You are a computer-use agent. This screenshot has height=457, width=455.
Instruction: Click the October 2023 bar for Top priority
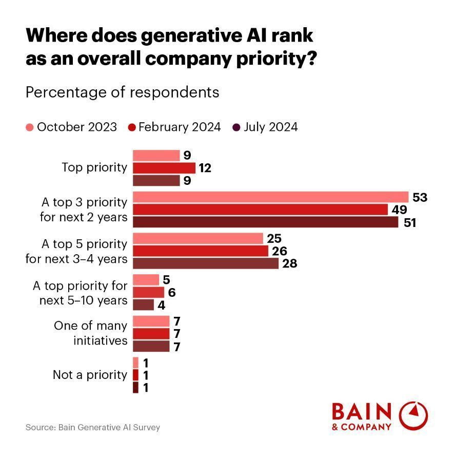click(x=156, y=156)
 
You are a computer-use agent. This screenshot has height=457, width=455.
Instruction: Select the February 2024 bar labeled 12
click(x=164, y=168)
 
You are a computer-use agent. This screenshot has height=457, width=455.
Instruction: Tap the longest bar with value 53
click(x=270, y=197)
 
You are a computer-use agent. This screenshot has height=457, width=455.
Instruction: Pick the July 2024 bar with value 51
click(x=265, y=222)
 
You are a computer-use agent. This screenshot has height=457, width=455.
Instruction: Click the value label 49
click(x=400, y=210)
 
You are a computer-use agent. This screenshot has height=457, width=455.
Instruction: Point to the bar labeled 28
click(x=205, y=263)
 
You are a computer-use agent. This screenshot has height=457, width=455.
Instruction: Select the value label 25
click(x=274, y=238)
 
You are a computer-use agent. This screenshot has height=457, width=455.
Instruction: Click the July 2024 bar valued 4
click(x=143, y=304)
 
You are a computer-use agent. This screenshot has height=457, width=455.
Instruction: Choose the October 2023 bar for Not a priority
click(x=135, y=363)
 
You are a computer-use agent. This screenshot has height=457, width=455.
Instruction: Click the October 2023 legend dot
click(x=30, y=127)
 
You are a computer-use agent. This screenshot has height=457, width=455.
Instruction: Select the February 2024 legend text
click(x=180, y=127)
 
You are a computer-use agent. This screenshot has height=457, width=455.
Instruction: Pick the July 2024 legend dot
click(x=236, y=127)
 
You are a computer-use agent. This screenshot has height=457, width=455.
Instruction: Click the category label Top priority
click(x=94, y=167)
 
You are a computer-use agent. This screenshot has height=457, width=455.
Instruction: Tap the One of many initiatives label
click(x=90, y=333)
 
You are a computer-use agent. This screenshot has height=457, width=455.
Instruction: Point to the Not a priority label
click(x=90, y=375)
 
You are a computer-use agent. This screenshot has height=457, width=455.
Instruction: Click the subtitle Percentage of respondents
click(x=122, y=92)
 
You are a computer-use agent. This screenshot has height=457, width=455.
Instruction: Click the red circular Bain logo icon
click(x=413, y=415)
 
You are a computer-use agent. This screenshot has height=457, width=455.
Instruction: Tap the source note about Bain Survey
click(x=93, y=427)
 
